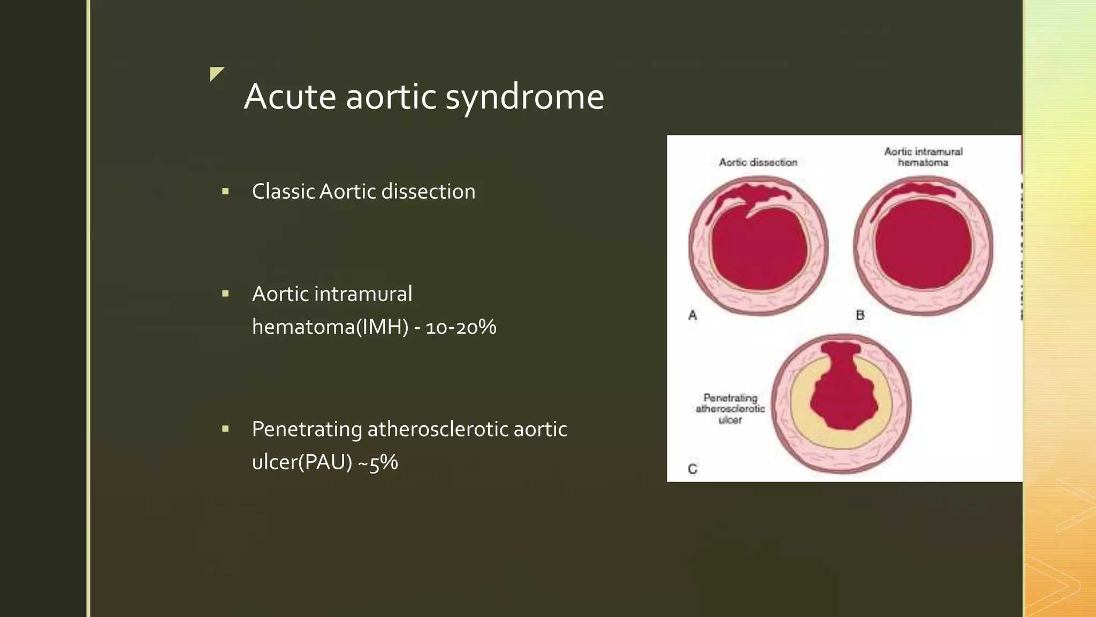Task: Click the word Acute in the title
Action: click(x=290, y=97)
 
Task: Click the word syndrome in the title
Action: click(x=524, y=97)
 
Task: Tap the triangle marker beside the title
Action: click(x=215, y=73)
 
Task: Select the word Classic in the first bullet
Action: click(x=283, y=192)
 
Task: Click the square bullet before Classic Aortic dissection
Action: click(x=225, y=191)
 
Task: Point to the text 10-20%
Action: click(x=461, y=327)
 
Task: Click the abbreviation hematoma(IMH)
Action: click(x=330, y=327)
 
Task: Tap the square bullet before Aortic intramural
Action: click(x=225, y=294)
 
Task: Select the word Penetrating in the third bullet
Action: click(x=307, y=430)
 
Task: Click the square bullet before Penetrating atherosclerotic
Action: click(x=225, y=428)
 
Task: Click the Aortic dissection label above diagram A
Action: click(x=758, y=162)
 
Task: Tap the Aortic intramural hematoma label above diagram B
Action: click(x=923, y=157)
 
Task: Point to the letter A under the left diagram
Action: click(x=692, y=315)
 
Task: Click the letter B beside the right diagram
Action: click(x=860, y=315)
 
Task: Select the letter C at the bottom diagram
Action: click(x=692, y=469)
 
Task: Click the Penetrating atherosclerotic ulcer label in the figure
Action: click(x=730, y=409)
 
